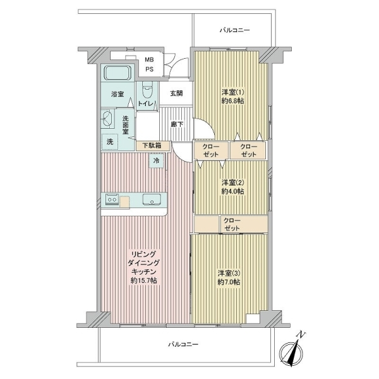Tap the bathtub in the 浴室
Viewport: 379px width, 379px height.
click(117, 73)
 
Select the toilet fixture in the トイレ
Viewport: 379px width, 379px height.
click(147, 90)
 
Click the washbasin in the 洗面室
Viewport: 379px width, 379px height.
click(107, 119)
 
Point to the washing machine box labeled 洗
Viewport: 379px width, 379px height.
click(110, 141)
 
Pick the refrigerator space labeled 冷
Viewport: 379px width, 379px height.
click(157, 160)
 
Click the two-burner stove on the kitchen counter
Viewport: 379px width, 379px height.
click(112, 200)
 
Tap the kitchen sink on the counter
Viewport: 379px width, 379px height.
click(152, 200)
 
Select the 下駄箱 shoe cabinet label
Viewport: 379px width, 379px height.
click(152, 145)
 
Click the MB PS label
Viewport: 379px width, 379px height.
click(149, 64)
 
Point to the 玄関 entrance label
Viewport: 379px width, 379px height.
click(176, 93)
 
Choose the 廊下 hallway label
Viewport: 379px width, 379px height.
click(177, 124)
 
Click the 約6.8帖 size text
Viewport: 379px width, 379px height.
click(232, 101)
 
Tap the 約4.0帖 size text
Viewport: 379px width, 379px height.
click(232, 191)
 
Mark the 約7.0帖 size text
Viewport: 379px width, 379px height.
click(229, 282)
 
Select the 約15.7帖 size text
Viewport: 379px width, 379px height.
click(144, 280)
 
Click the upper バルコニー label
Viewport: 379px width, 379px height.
click(235, 30)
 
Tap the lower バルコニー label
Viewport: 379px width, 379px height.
click(183, 344)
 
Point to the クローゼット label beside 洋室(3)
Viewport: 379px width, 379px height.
click(232, 224)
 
